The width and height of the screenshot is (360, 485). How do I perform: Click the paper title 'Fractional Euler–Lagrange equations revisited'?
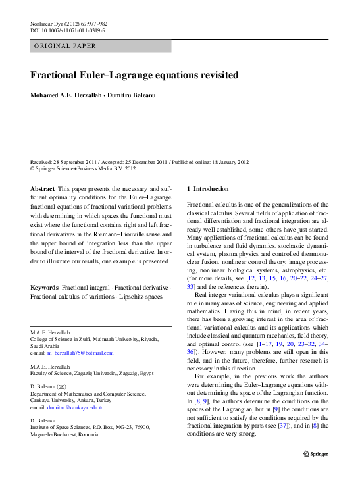pyautogui.click(x=134, y=75)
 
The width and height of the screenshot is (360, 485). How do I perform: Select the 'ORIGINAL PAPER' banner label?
pyautogui.click(x=65, y=46)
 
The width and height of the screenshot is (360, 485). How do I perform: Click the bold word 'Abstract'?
pyautogui.click(x=43, y=188)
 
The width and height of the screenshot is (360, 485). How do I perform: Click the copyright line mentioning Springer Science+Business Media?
pyautogui.click(x=84, y=168)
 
